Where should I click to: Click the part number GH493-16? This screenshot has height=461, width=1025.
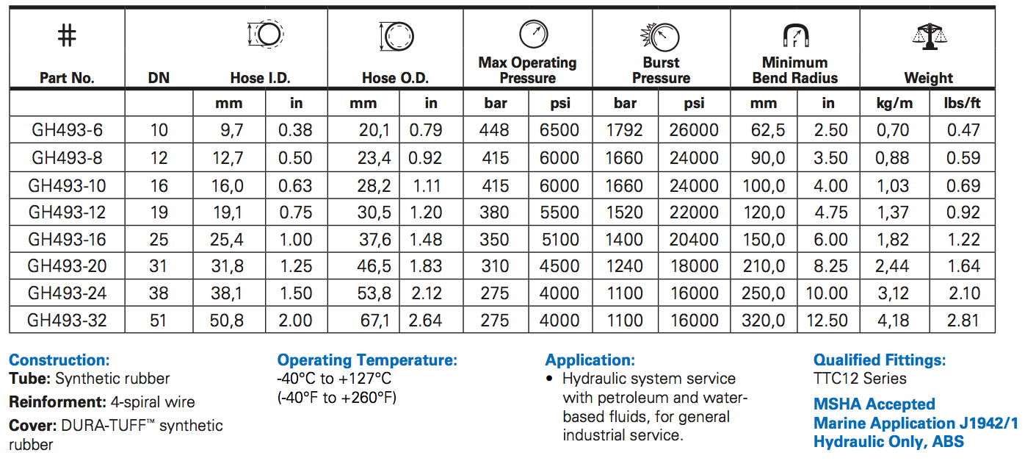tap(67, 239)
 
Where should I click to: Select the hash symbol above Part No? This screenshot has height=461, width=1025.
tap(67, 35)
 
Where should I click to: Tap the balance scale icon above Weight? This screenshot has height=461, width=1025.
tap(929, 36)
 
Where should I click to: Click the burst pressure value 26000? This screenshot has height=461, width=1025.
tap(694, 129)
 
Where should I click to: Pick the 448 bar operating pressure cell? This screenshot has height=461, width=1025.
tap(494, 129)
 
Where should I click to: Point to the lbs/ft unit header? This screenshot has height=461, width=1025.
tap(962, 103)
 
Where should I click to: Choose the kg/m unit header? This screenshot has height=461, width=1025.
tap(894, 103)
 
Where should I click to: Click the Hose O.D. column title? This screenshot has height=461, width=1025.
tap(395, 78)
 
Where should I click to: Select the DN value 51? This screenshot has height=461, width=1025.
tap(158, 320)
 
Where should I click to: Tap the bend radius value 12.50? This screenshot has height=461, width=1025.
tap(827, 320)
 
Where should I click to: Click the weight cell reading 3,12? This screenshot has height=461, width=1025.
tap(893, 293)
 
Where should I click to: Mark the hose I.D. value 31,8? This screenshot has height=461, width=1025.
tap(227, 265)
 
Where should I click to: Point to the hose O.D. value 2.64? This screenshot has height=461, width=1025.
tap(425, 320)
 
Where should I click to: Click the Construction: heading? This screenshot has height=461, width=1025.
tap(59, 360)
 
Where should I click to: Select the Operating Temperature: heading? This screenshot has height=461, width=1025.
tap(367, 360)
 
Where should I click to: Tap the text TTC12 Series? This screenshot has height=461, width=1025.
tap(860, 379)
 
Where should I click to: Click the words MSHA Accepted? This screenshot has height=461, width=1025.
tap(874, 404)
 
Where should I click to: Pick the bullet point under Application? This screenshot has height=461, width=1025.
tap(549, 379)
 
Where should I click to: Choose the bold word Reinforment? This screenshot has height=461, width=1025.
tap(58, 402)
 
